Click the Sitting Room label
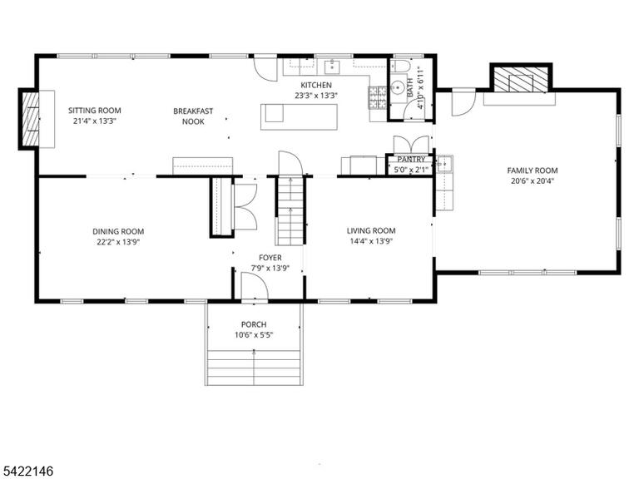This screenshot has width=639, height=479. (x=95, y=111)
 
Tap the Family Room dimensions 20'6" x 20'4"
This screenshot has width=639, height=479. (x=532, y=181)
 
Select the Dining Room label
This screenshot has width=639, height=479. (x=118, y=232)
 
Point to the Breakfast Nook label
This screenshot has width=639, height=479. (x=193, y=116)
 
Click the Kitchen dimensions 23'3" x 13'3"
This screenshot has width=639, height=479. (x=316, y=96)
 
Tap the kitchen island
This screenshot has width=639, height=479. (x=300, y=117)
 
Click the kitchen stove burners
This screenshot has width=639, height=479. (x=378, y=98)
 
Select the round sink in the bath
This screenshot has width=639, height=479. (x=397, y=86)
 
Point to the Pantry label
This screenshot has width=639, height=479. (x=411, y=160)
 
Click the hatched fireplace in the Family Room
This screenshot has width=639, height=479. (x=521, y=79)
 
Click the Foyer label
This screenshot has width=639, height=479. (x=270, y=258)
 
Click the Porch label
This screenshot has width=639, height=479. (x=254, y=324)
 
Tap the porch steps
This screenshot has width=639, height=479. (x=254, y=368)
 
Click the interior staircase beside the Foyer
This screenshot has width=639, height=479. (x=290, y=210)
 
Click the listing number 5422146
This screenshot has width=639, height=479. (x=27, y=472)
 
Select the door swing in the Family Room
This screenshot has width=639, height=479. (x=463, y=101)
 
